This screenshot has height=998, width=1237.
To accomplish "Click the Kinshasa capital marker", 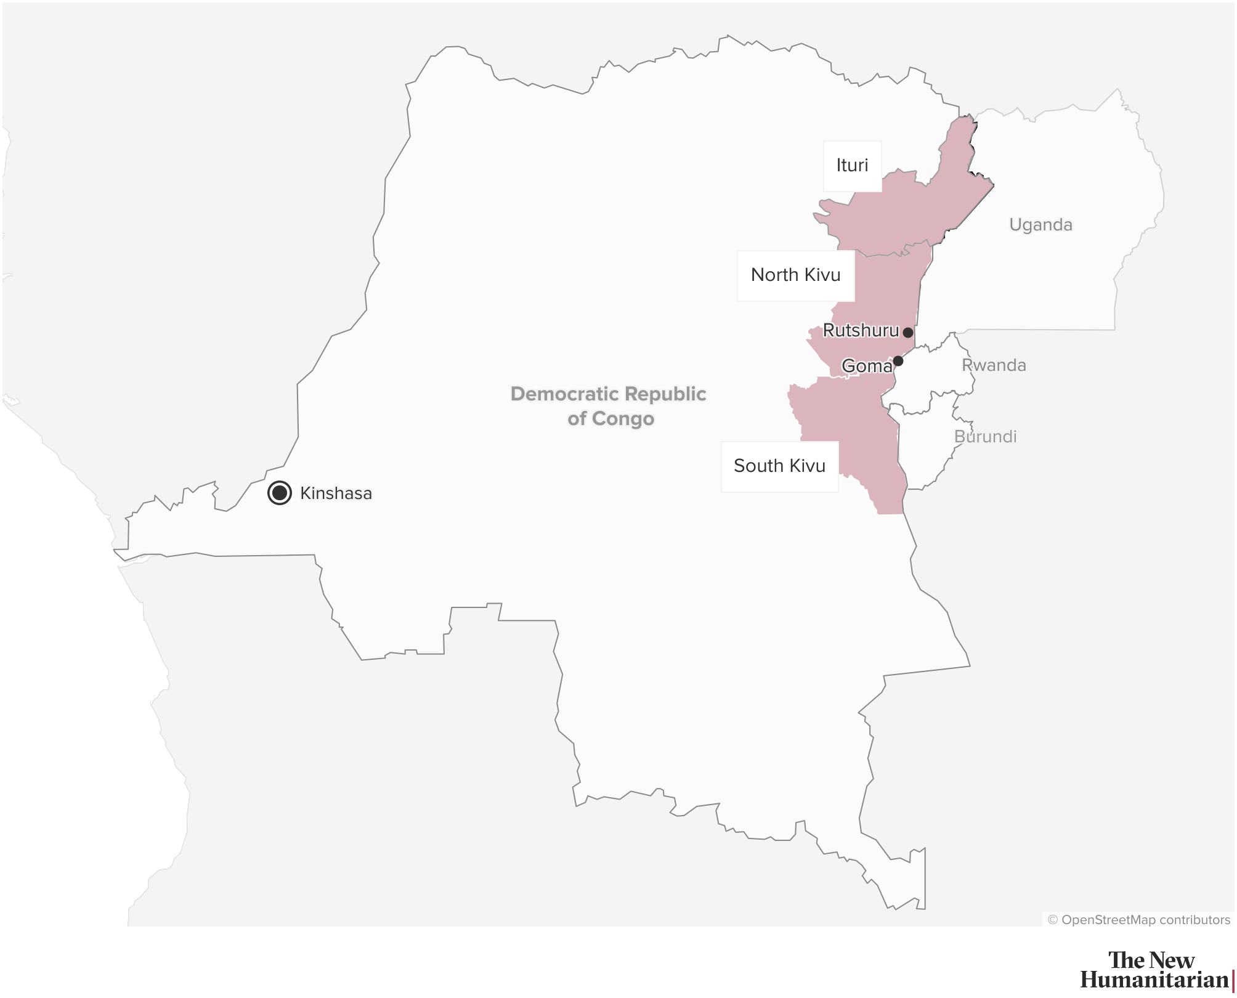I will (x=280, y=493).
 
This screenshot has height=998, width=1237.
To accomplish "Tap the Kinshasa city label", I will (x=336, y=493).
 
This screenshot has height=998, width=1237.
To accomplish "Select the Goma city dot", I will (x=898, y=361).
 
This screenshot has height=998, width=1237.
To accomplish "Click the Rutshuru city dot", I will (x=908, y=333).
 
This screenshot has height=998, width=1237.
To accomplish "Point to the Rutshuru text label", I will (x=861, y=331).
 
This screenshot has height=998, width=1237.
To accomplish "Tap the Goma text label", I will (x=866, y=366).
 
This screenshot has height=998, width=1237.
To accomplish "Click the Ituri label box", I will (x=853, y=166).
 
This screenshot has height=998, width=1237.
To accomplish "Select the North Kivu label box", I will (x=795, y=275).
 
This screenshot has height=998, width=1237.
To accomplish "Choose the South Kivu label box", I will (x=779, y=466).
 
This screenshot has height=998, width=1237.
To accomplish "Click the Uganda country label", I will (x=1040, y=225).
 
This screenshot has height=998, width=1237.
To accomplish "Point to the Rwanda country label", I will (x=994, y=365).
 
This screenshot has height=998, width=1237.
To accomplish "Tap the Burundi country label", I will (x=985, y=437).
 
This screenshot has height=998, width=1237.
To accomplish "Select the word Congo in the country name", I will (x=623, y=419).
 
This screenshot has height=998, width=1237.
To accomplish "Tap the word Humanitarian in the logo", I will (x=1154, y=980).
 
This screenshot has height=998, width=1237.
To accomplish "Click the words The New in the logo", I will (x=1151, y=960).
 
